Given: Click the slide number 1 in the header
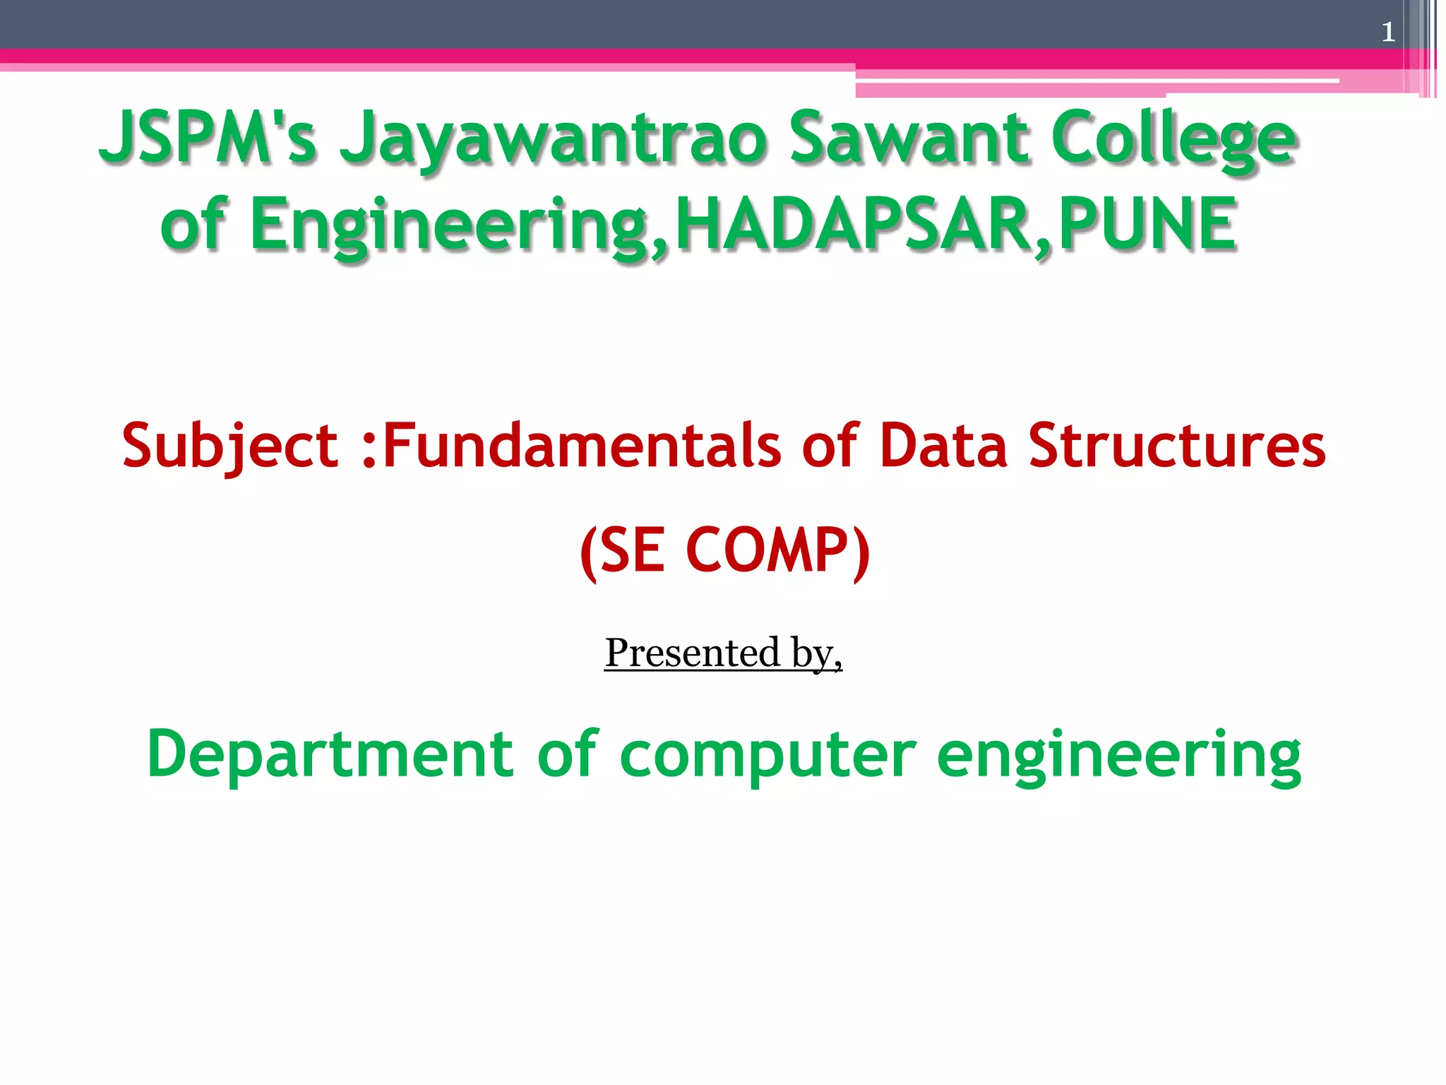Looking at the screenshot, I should click(1388, 32).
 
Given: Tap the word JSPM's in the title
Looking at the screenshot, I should click(208, 137).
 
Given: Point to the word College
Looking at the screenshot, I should click(1173, 138).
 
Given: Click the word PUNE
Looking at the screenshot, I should click(1147, 224).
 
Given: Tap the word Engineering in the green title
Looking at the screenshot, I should click(449, 225).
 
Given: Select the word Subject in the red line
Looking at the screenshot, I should click(230, 446).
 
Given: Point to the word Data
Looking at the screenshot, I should click(943, 446).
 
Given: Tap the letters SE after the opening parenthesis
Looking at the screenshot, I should click(633, 550).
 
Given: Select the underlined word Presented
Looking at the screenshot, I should click(692, 653).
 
